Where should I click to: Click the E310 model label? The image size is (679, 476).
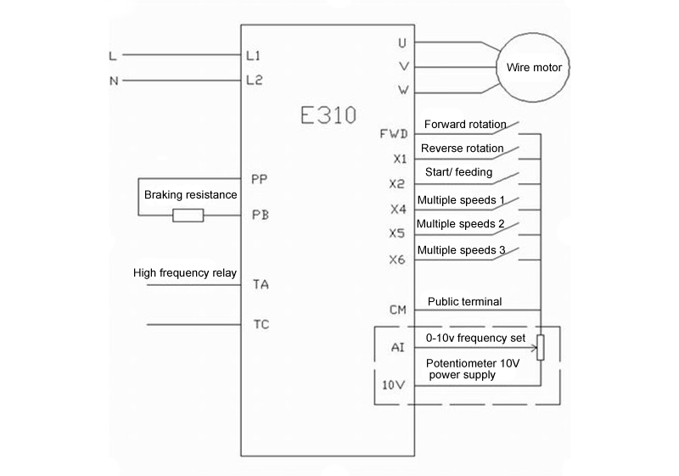(328, 115)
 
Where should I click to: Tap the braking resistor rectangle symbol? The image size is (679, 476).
(188, 215)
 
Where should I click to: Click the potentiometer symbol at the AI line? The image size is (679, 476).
(541, 347)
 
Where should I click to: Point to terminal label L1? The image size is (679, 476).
(253, 55)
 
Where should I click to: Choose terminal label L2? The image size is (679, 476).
(254, 80)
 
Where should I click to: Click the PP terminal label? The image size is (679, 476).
(260, 179)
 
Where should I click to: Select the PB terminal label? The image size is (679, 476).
(261, 215)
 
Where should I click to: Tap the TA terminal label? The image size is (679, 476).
(261, 284)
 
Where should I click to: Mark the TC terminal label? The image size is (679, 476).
(261, 324)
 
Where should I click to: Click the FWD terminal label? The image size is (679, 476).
(394, 134)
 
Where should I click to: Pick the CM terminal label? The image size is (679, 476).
(398, 310)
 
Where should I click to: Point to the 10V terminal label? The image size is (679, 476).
(393, 384)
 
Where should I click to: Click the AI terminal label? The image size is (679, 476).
(397, 347)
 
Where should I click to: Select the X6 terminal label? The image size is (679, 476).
(396, 260)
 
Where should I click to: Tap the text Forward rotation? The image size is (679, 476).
(465, 125)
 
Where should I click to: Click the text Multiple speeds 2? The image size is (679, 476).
(460, 224)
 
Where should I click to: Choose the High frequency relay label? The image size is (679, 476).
(185, 273)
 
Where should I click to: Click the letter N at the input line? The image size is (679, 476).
(114, 81)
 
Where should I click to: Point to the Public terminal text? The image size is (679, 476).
(464, 301)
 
